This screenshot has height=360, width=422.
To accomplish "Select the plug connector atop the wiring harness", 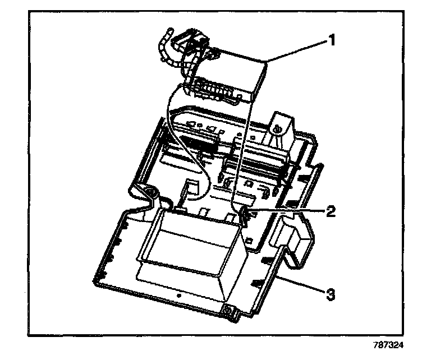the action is pyautogui.click(x=191, y=40).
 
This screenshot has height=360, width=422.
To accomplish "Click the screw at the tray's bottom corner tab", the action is pyautogui.click(x=228, y=310).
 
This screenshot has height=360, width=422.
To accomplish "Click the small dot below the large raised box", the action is pyautogui.click(x=178, y=293).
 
